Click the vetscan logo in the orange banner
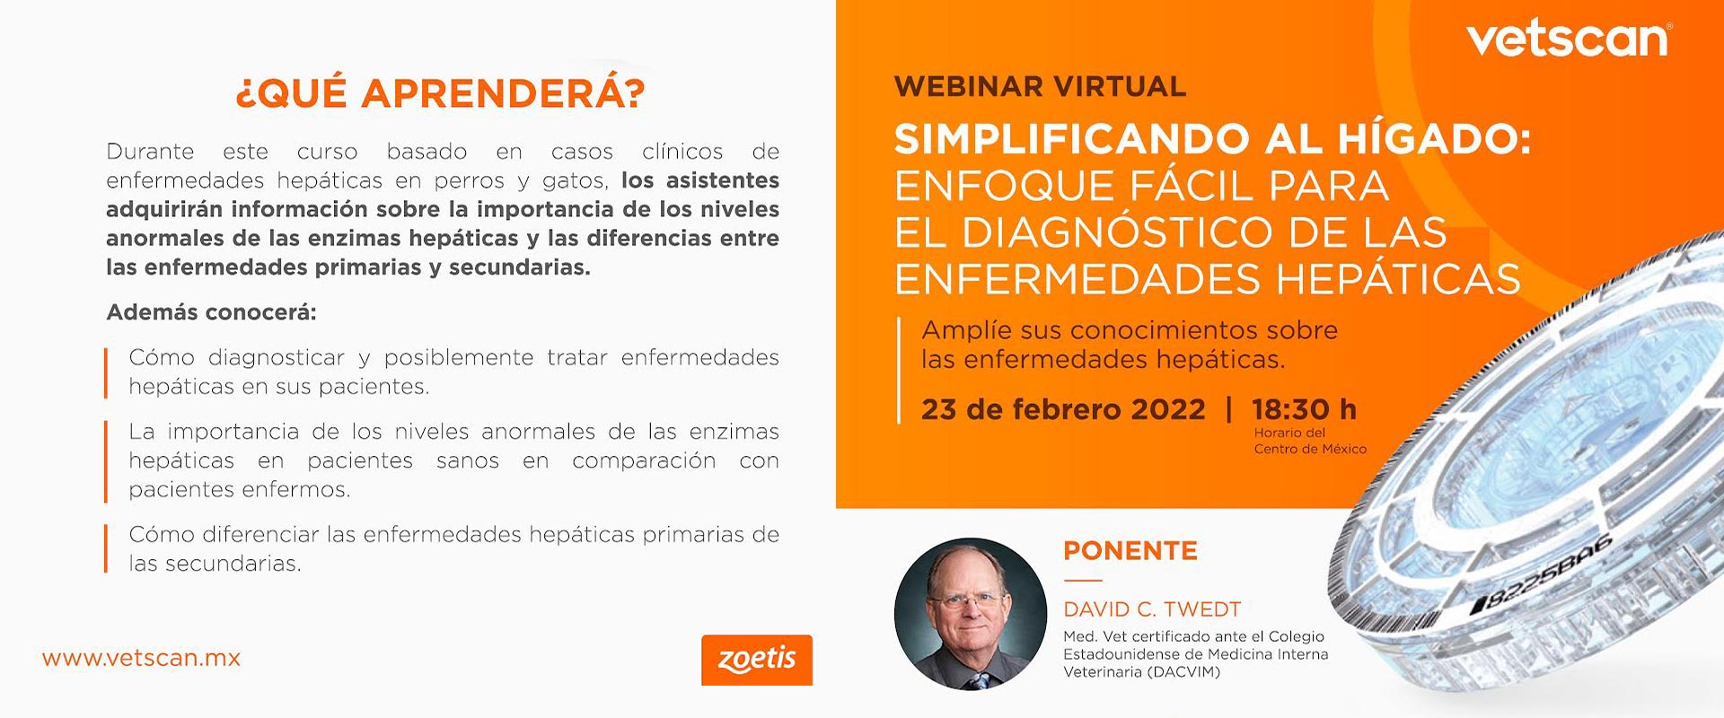click(x=1569, y=39)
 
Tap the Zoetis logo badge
click(x=757, y=660)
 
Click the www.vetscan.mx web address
click(x=141, y=658)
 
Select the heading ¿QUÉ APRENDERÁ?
click(x=440, y=93)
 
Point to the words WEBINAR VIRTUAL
click(x=1041, y=86)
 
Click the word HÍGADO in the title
click(x=1435, y=139)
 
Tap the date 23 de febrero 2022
click(x=1063, y=409)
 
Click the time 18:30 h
click(x=1304, y=409)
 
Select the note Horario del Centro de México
click(x=1310, y=441)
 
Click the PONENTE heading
click(x=1130, y=550)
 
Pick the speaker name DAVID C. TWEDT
click(x=1152, y=609)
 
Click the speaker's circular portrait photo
click(x=971, y=614)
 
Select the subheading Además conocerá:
click(x=211, y=312)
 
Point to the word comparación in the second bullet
click(x=644, y=461)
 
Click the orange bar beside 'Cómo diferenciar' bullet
click(x=106, y=548)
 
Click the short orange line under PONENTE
click(x=1082, y=581)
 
